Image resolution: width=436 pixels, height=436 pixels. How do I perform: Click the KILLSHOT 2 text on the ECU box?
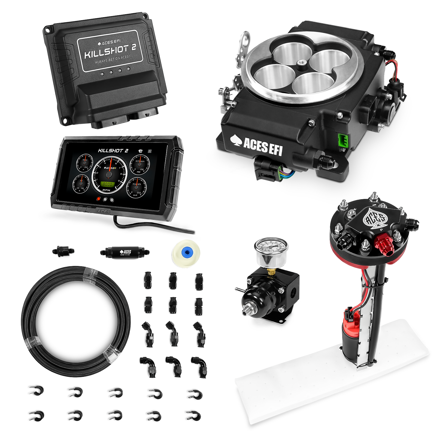pos(110,52)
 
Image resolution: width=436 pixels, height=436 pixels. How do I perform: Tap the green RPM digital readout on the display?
pos(107,184)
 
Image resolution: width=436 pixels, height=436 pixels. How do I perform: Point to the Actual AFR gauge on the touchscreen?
pos(136,187)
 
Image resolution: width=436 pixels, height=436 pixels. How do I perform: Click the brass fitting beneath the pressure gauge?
pos(270,271)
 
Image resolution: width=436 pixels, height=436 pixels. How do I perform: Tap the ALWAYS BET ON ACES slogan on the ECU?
pos(112,59)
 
